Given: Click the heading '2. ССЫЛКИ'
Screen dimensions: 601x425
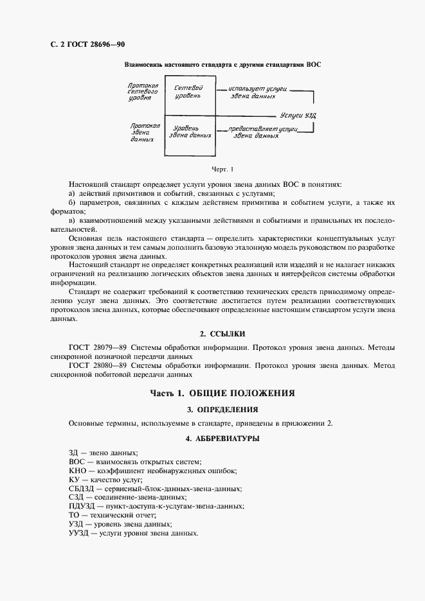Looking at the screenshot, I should click(222, 334).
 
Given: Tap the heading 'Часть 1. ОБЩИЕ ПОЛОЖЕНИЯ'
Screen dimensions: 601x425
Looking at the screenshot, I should click(222, 393).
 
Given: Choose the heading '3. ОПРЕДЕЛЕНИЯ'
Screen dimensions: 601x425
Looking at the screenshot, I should click(222, 408).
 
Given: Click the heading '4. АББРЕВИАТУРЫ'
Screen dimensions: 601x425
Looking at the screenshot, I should click(222, 439).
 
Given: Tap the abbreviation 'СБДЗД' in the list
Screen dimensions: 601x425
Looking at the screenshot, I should click(81, 488).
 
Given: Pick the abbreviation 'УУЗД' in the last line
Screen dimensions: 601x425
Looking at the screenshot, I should click(78, 533).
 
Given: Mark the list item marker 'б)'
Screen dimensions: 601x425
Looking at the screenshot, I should click(72, 203).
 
